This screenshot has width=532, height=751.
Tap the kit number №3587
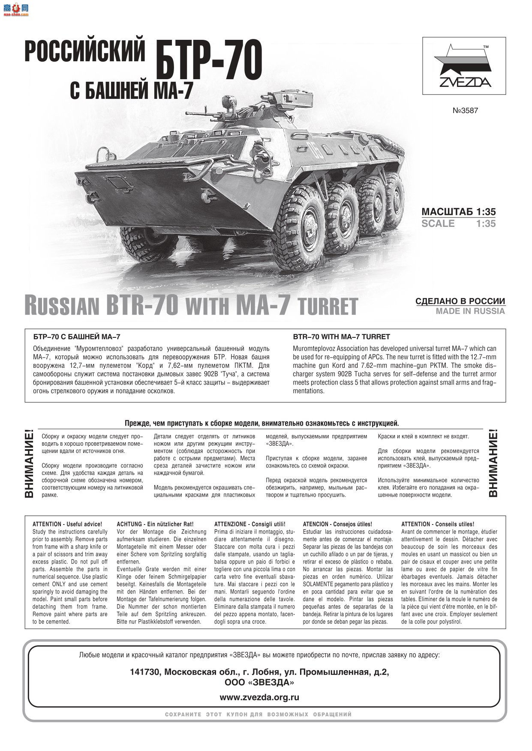[x=465, y=110]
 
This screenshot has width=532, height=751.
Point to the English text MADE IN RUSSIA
[x=470, y=311]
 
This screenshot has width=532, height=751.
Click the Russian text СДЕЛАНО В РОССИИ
[x=460, y=301]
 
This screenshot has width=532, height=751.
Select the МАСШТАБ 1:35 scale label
[x=458, y=212]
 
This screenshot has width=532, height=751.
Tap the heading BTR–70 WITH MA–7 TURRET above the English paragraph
[x=341, y=337]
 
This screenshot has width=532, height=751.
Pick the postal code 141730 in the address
[x=145, y=672]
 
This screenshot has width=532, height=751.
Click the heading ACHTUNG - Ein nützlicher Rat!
[x=155, y=524]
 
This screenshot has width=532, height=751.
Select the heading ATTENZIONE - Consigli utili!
[x=249, y=524]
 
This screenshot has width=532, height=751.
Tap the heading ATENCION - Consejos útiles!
[x=337, y=524]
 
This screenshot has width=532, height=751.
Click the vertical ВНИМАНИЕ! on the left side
[x=29, y=465]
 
